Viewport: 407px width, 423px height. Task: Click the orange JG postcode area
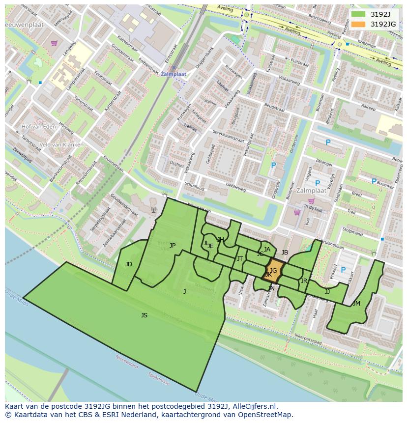pyautogui.click(x=274, y=271)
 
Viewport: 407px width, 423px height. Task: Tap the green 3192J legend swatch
pyautogui.click(x=358, y=14)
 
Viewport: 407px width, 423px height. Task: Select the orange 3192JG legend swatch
pyautogui.click(x=358, y=24)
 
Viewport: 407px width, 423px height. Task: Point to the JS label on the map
pyautogui.click(x=144, y=315)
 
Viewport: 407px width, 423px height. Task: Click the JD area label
pyautogui.click(x=128, y=264)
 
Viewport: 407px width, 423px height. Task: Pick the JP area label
pyautogui.click(x=173, y=246)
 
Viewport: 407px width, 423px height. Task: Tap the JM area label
pyautogui.click(x=356, y=304)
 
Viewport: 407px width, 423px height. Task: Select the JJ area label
pyautogui.click(x=327, y=292)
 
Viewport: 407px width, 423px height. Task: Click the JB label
pyautogui.click(x=285, y=253)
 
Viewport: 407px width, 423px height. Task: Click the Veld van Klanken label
pyautogui.click(x=61, y=145)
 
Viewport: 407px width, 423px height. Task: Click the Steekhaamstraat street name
pyautogui.click(x=229, y=135)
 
